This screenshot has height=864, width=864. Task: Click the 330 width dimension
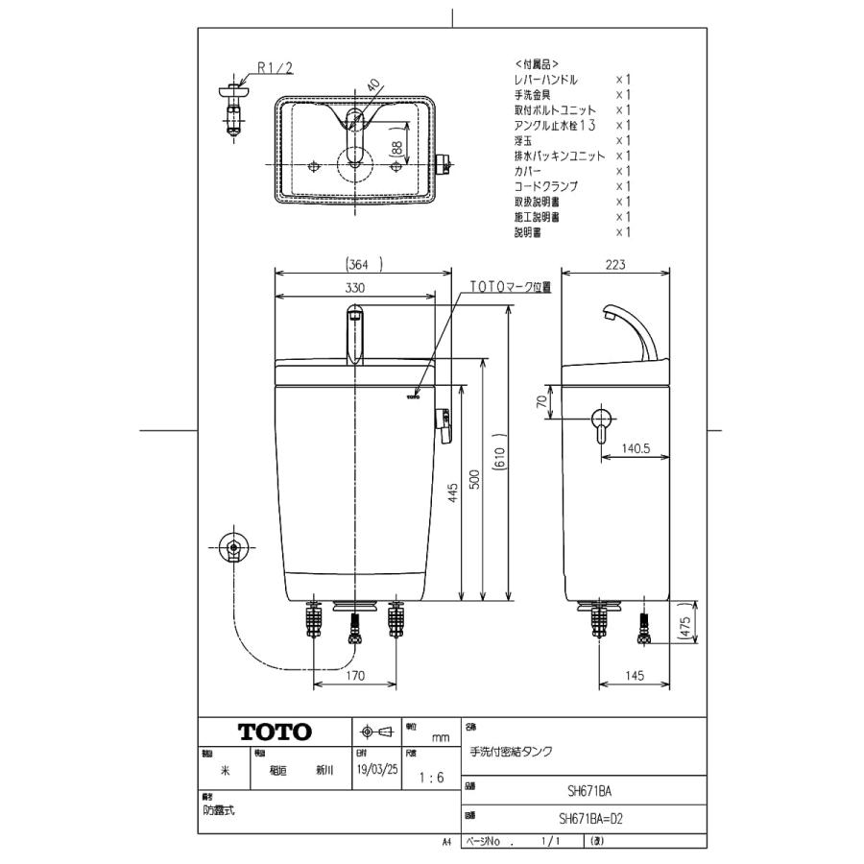click(x=354, y=288)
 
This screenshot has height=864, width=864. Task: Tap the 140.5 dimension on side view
click(x=635, y=447)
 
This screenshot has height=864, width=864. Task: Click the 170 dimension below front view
click(x=354, y=676)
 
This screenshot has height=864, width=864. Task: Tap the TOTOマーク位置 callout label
click(x=510, y=287)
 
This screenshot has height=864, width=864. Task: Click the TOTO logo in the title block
click(x=276, y=732)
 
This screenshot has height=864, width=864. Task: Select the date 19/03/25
click(x=376, y=770)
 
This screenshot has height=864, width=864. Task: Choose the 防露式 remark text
click(x=219, y=810)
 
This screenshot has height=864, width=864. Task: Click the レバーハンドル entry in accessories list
click(x=546, y=79)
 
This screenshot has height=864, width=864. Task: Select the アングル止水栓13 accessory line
click(x=555, y=125)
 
